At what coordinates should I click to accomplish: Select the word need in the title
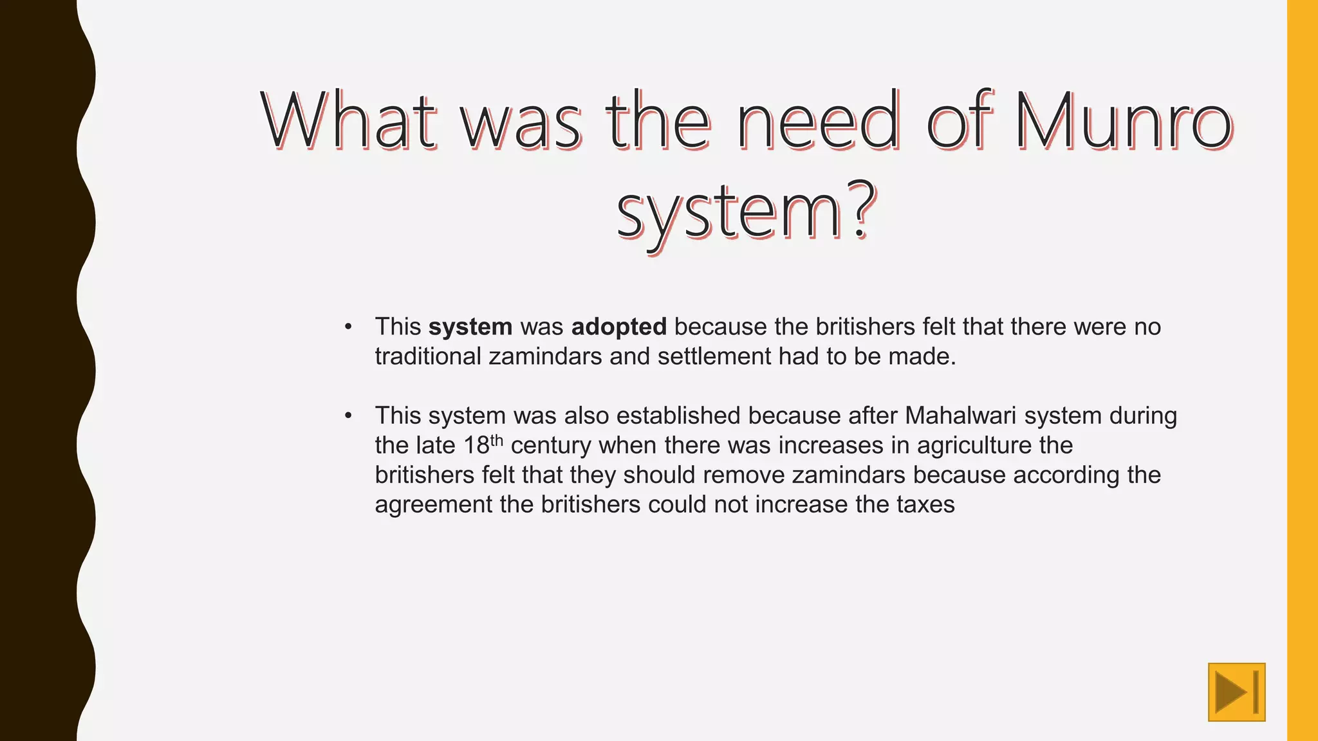[x=817, y=121]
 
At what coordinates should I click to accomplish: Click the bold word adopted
[x=618, y=327]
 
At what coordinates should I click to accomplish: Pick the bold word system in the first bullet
[x=470, y=327]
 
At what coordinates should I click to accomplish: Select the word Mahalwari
[x=960, y=416]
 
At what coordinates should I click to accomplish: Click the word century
[x=550, y=446]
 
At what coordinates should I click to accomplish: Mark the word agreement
[x=433, y=505]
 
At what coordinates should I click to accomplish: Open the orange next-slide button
[x=1236, y=692]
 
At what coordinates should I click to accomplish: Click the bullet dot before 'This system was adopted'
[x=348, y=327]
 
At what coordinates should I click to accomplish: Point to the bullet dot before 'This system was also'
[x=348, y=416]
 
